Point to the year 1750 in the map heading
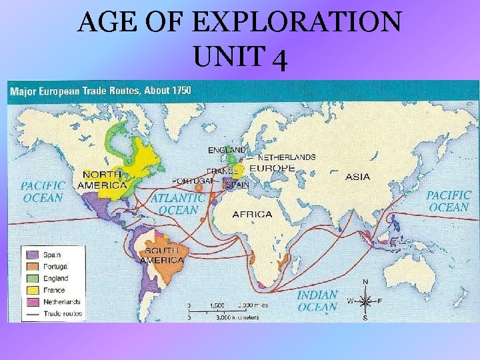tap(179, 90)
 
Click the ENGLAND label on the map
tap(227, 150)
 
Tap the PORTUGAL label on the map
tap(192, 181)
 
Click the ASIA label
tap(358, 177)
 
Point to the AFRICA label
tap(252, 214)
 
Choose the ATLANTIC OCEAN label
tap(177, 204)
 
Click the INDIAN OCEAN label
tap(317, 301)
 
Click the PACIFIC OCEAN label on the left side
tap(43, 191)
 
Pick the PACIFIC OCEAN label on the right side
tap(448, 201)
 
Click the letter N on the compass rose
tap(365, 282)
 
